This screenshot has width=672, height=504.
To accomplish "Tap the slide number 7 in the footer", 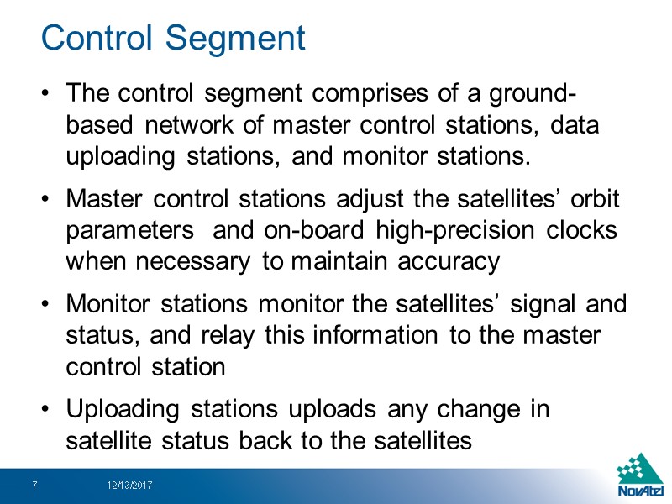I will (34, 486).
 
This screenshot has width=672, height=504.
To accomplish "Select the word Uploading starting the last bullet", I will (120, 409).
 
